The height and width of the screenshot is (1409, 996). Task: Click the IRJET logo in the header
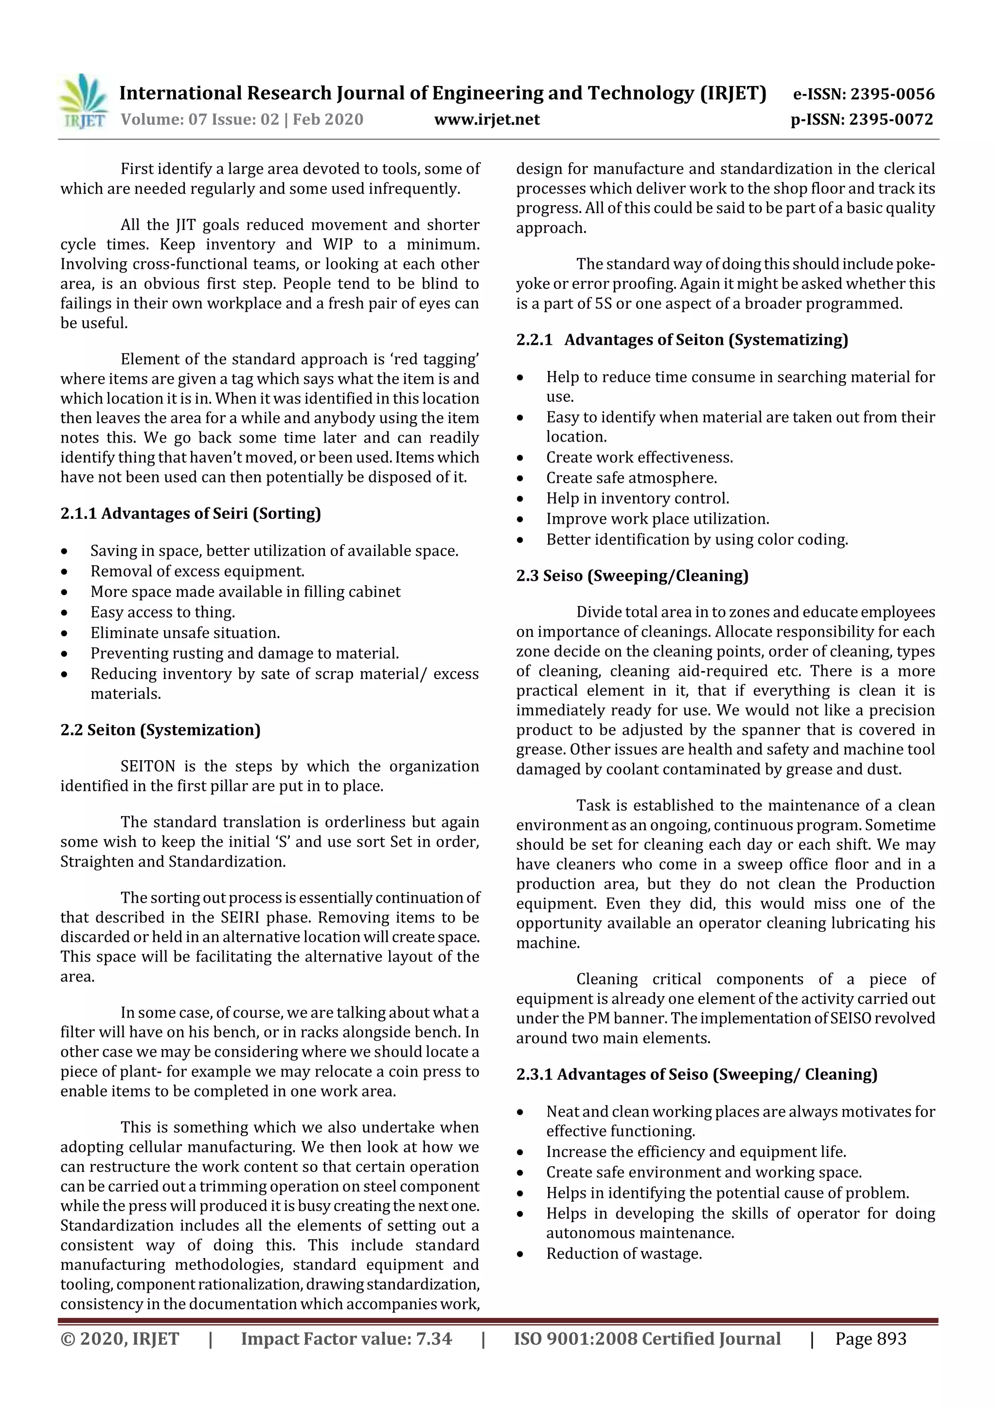coord(84,102)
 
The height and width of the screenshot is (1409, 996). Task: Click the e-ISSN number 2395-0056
coord(891,94)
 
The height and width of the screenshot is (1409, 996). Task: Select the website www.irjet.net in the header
coord(487,119)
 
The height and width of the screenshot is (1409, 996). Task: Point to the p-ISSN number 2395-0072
coord(890,120)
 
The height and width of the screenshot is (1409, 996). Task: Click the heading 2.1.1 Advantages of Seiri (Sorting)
coord(190,513)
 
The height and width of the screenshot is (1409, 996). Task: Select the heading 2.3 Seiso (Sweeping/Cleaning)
coord(632,576)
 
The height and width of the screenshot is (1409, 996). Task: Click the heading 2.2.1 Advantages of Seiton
coord(682,339)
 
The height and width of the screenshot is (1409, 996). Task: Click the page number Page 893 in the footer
coord(870,1338)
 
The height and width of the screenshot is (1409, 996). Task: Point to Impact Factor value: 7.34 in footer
coord(346,1338)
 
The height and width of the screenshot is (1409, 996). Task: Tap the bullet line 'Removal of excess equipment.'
coord(197,571)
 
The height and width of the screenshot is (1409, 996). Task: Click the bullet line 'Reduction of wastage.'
coord(623,1253)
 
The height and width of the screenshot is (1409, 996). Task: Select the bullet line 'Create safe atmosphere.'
coord(631,478)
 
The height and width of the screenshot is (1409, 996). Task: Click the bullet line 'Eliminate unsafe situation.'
coord(185,633)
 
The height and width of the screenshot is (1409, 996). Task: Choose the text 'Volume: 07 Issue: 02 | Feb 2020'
coord(242,119)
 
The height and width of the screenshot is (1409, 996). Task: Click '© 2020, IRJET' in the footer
coord(120,1338)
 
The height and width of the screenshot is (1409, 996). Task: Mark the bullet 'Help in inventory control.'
coord(638,499)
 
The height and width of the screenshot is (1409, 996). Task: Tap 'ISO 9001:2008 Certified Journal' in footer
coord(647,1338)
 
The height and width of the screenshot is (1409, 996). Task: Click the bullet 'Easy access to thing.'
coord(162,612)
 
